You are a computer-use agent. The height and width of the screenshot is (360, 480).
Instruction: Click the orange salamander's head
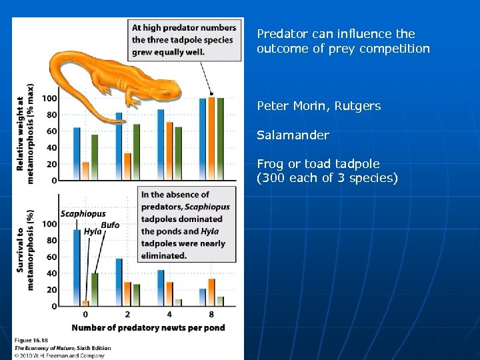click(137, 95)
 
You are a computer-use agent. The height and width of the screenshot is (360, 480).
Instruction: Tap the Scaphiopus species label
click(83, 214)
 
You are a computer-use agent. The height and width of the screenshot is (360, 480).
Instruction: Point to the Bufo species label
click(110, 225)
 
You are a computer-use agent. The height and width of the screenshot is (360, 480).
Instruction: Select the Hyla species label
click(93, 231)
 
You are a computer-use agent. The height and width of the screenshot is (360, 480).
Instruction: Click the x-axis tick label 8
click(211, 314)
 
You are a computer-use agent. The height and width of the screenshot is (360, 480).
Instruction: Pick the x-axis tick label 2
click(127, 314)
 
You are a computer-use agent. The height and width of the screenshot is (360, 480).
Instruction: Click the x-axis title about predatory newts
click(148, 327)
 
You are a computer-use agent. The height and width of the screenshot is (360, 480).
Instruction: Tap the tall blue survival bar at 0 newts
click(77, 267)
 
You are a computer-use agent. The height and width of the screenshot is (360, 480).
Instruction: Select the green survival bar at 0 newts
click(94, 289)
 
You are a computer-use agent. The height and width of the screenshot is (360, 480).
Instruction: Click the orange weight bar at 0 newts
click(85, 171)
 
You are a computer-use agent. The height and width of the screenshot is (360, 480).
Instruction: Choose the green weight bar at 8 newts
click(220, 139)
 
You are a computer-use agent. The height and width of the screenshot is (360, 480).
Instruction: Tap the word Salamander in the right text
click(293, 135)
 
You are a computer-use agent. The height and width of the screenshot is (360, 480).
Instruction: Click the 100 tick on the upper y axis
click(49, 98)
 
